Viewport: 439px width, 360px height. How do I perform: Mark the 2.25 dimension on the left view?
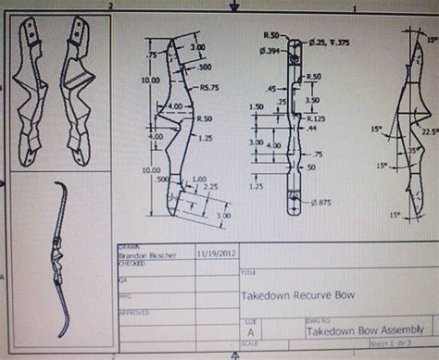point(211,185)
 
